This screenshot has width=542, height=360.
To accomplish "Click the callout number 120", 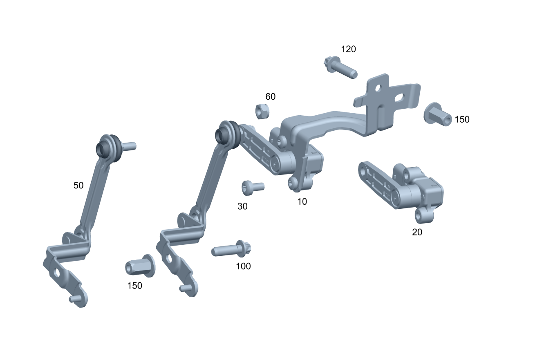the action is (348, 49).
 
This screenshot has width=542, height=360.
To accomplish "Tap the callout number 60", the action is (270, 96).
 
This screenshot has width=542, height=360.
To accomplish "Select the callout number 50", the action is (78, 186).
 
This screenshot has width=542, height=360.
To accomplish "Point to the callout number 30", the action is (242, 206).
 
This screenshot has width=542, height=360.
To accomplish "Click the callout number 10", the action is (302, 201).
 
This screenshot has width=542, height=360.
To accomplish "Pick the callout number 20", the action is (417, 232).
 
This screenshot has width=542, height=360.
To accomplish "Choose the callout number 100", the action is (243, 266).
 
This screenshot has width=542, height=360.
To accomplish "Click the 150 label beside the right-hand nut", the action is (462, 119).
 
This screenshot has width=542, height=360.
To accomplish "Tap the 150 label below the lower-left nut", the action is (134, 286).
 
